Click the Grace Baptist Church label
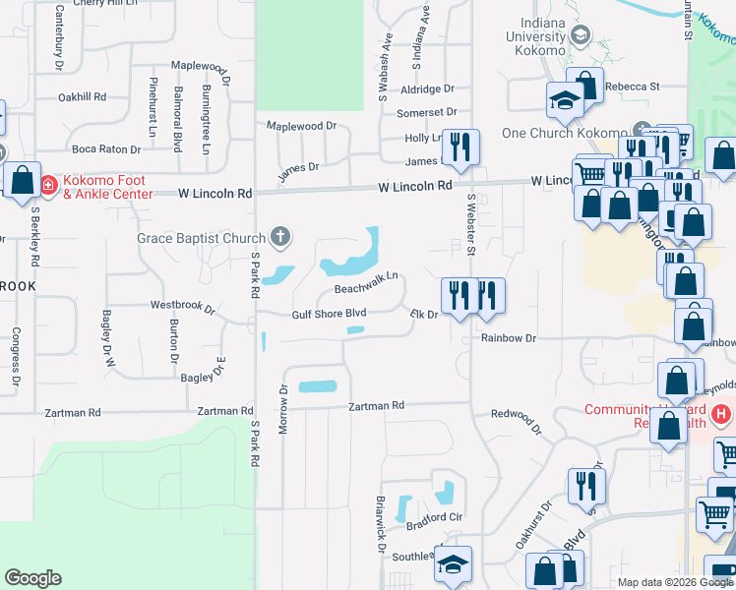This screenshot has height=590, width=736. click(x=201, y=238)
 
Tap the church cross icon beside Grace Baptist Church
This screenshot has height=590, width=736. click(x=280, y=237)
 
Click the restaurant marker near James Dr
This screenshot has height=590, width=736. click(x=460, y=147)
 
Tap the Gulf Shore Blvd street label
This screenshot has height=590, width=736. click(x=329, y=314)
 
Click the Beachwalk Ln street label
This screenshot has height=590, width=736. click(x=366, y=283)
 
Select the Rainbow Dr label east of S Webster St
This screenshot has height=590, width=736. click(x=509, y=337)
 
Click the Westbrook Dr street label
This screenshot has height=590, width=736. click(x=182, y=306)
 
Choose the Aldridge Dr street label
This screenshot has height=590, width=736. click(x=427, y=88)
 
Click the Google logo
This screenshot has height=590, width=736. click(x=32, y=578)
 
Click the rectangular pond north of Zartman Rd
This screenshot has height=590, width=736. click(x=318, y=386)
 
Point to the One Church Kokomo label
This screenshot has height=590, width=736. click(x=564, y=133)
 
